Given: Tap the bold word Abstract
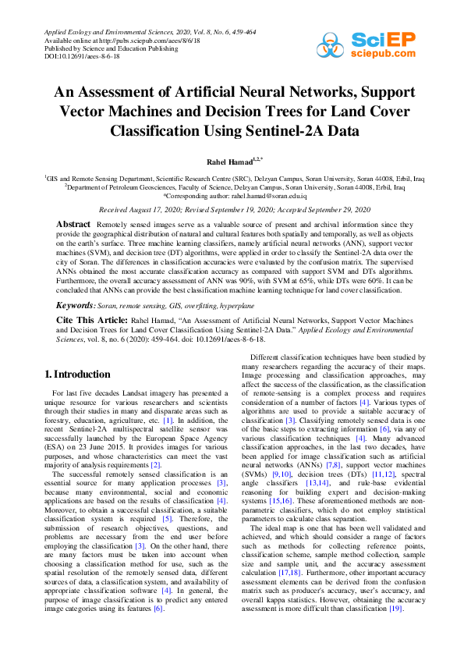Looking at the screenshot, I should coord(74,224).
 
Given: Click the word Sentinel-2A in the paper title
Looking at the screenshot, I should coord(271,130).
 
